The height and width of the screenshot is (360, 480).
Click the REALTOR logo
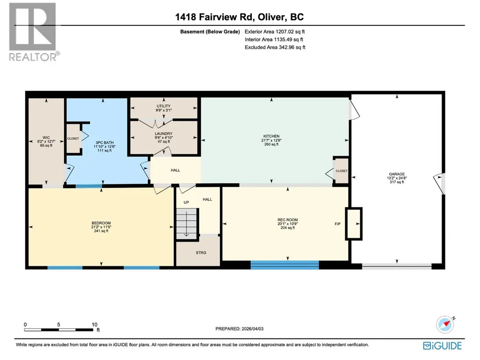click(33, 32)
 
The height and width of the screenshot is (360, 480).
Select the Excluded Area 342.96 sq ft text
click(275, 47)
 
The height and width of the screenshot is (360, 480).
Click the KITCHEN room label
click(271, 136)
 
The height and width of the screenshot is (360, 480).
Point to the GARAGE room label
click(397, 174)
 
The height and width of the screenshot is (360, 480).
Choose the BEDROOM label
click(101, 223)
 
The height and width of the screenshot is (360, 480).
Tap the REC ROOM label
click(288, 220)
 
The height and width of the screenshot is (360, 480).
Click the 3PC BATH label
click(104, 142)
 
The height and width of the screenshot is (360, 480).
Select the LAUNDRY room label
click(163, 133)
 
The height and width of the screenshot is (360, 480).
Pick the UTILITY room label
click(163, 106)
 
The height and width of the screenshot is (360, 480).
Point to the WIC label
click(46, 138)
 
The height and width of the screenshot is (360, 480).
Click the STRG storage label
click(201, 252)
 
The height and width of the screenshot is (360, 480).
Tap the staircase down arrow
click(186, 231)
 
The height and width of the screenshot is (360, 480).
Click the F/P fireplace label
click(337, 224)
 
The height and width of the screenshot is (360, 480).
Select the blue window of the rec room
click(285, 265)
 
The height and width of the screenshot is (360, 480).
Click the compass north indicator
click(445, 324)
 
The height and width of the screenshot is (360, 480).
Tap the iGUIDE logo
click(443, 345)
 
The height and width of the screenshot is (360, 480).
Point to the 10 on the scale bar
click(94, 324)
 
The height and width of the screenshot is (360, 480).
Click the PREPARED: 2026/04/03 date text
click(239, 329)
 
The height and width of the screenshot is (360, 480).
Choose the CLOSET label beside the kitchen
click(342, 171)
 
